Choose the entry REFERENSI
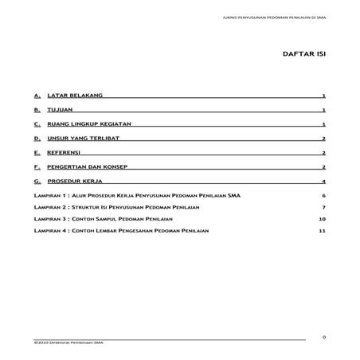click(67, 153)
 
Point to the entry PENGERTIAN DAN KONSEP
click(88, 167)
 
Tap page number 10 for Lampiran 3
click(323, 217)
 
